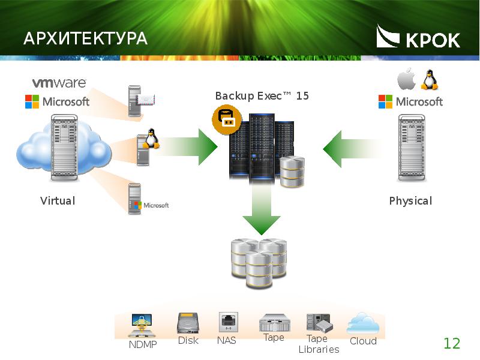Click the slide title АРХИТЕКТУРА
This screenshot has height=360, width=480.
(x=85, y=38)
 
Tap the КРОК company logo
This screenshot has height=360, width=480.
(x=418, y=37)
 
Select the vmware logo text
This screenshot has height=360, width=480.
(x=59, y=83)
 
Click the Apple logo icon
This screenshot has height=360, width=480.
(x=407, y=79)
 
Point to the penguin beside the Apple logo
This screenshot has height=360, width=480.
(x=430, y=80)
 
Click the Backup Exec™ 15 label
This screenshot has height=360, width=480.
(x=262, y=96)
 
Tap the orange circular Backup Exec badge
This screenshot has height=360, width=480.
(x=227, y=119)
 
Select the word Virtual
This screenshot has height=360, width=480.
(x=58, y=201)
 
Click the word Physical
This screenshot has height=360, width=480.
(x=410, y=201)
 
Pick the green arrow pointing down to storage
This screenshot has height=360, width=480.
(x=262, y=208)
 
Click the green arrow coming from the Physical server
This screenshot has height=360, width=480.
(x=352, y=149)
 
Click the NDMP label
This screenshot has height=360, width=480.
(x=143, y=344)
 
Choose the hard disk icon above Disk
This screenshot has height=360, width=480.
(x=188, y=323)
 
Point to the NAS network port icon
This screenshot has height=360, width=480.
(x=229, y=322)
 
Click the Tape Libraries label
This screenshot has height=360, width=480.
(x=319, y=344)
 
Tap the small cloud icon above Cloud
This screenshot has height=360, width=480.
(x=363, y=323)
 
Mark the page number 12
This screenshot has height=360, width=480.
(x=452, y=343)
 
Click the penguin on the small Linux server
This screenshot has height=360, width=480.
(x=151, y=139)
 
